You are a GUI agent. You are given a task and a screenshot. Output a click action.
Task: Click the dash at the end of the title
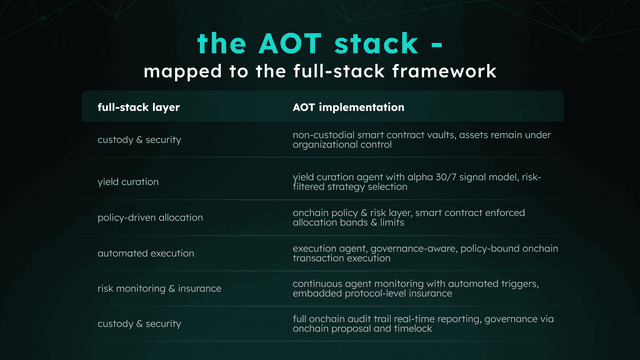[x=437, y=44]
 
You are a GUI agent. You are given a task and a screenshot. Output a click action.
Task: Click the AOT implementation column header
[x=348, y=106]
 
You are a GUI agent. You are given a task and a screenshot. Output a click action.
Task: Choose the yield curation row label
[x=128, y=181]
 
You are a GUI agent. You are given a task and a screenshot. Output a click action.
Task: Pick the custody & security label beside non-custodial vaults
[x=139, y=139]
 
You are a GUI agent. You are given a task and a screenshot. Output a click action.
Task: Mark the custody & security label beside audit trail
[x=139, y=323]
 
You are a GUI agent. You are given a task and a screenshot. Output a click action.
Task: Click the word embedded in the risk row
[x=316, y=294]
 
